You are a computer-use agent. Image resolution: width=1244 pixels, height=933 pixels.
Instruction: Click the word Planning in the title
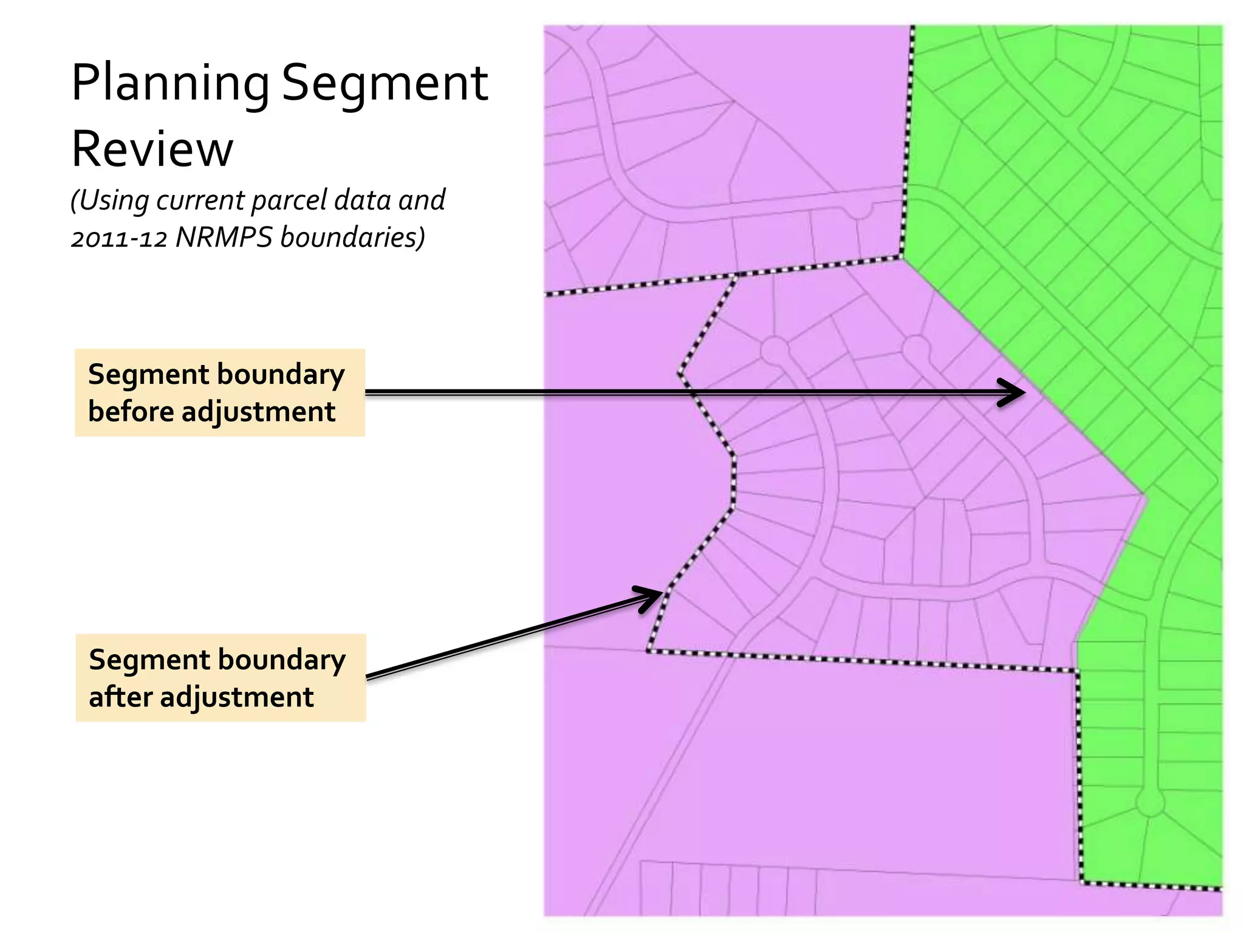point(170,84)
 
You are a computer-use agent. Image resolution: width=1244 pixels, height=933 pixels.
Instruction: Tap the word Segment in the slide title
point(384,84)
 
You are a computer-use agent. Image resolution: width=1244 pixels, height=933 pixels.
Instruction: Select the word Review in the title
point(152,149)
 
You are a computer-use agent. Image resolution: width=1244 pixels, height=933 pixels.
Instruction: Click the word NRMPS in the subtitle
point(224,238)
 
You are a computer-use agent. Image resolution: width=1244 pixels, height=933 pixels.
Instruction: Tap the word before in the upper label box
point(131,412)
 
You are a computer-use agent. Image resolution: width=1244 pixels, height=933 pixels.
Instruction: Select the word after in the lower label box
point(120,697)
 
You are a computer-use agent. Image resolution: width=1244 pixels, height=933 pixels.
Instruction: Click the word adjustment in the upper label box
point(258,413)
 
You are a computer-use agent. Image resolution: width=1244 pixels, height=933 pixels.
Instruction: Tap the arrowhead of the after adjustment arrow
point(653,596)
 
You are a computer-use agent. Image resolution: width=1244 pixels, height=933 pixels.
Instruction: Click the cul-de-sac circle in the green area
point(1150,803)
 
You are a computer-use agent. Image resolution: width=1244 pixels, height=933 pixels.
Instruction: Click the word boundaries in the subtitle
point(352,238)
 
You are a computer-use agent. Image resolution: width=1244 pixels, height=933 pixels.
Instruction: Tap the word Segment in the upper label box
point(145,375)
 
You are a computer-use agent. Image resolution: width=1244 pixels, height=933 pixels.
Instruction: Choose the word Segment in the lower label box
point(145,660)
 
